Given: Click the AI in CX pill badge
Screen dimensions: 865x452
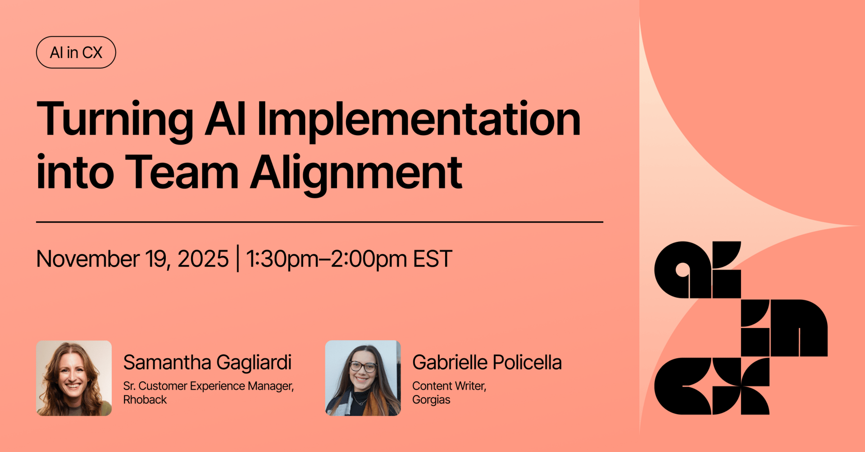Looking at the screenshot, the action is [76, 52].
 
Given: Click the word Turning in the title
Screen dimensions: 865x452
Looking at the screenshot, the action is [115, 119].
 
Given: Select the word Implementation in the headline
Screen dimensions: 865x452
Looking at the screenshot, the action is [419, 119].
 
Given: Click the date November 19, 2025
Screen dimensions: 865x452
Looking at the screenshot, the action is [132, 259].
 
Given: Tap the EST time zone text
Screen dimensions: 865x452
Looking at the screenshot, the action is [432, 259].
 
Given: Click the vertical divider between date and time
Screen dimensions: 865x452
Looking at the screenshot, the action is [237, 258].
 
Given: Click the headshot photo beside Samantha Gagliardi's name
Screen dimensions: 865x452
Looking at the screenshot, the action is [74, 378].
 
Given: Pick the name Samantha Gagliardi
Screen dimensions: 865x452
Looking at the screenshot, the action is [207, 362].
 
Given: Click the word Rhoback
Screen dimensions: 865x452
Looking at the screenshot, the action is [145, 400].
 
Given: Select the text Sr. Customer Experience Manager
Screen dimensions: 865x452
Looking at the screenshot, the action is [209, 386].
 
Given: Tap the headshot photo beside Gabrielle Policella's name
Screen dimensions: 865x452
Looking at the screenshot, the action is [363, 378].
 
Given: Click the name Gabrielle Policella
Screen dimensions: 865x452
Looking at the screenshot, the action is [487, 362].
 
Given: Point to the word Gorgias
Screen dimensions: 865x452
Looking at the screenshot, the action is [431, 400].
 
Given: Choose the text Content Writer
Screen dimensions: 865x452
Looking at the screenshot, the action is [449, 386].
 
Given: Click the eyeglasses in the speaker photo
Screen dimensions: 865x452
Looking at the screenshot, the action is [363, 366].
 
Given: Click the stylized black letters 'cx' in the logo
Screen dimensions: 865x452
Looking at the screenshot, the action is [712, 386].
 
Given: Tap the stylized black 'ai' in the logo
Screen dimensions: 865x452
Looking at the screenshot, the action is [697, 269].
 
